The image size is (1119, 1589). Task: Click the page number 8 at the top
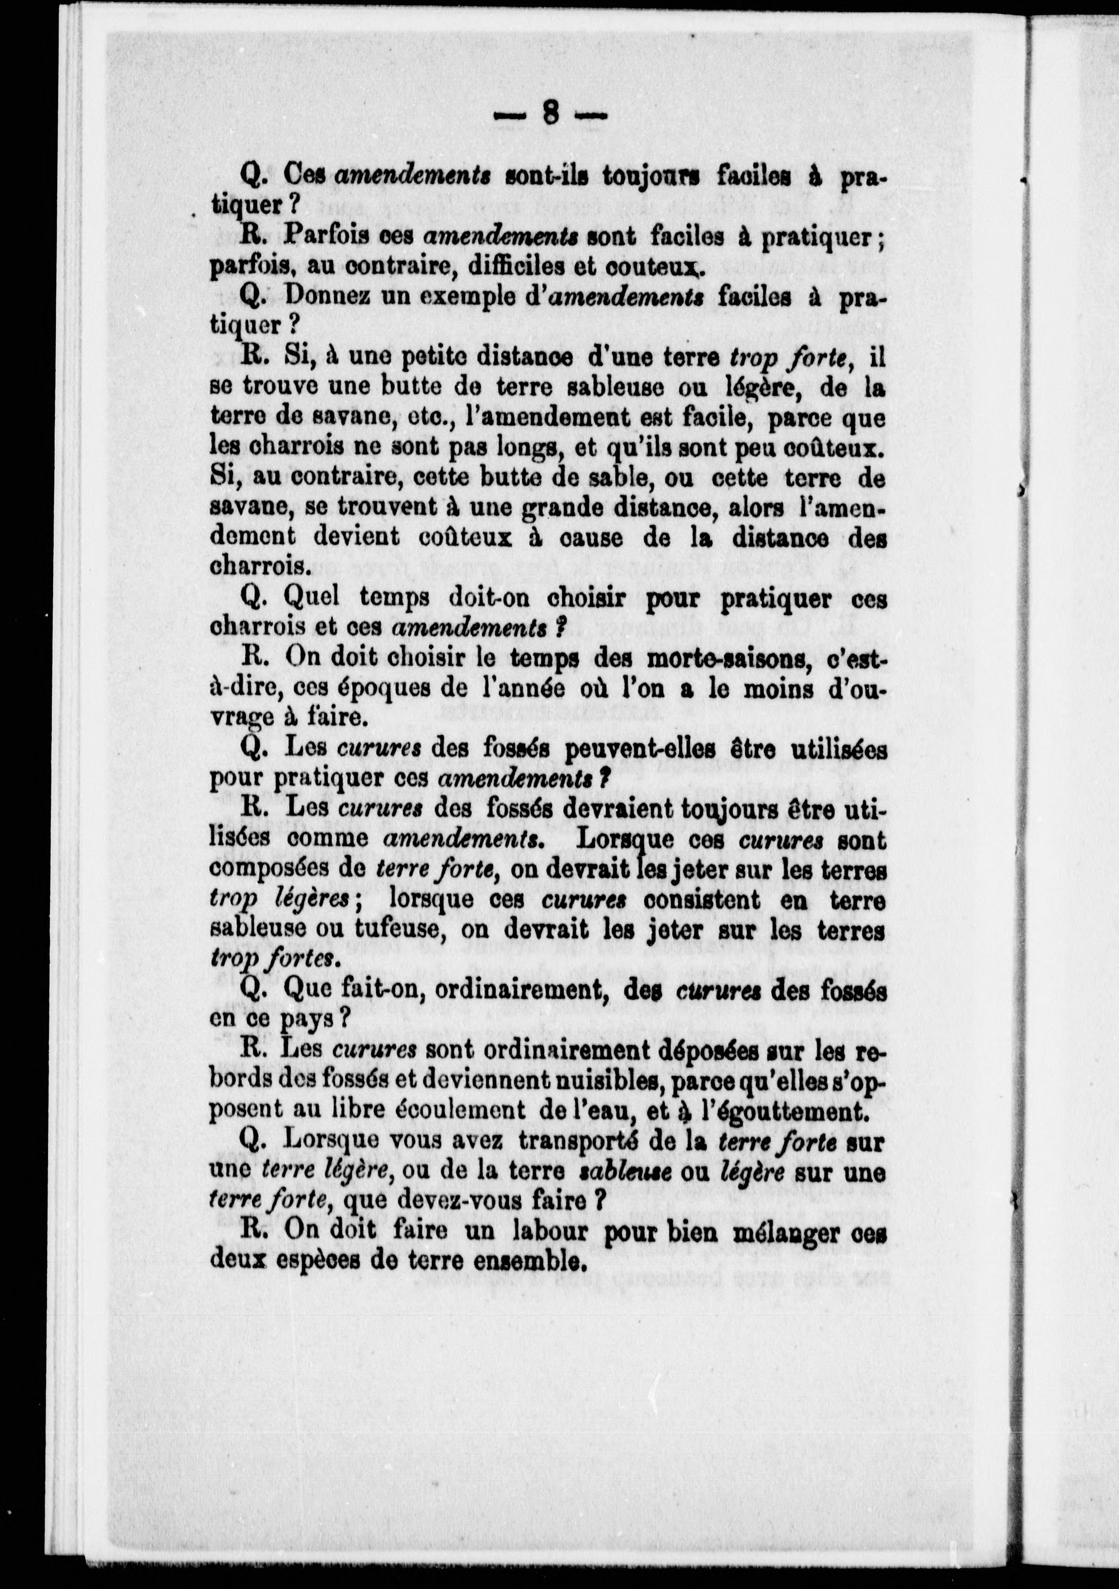pyautogui.click(x=551, y=112)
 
